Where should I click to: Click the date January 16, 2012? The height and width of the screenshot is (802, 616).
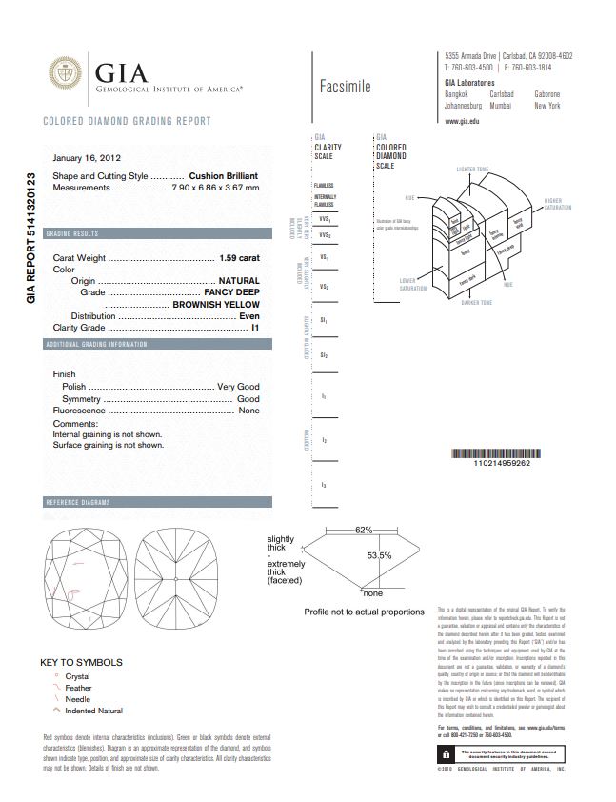87,158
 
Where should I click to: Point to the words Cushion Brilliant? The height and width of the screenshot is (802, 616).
224,176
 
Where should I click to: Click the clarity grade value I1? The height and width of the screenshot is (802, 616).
255,328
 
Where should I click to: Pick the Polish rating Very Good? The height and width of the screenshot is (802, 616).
238,387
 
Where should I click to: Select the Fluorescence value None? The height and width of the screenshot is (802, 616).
248,411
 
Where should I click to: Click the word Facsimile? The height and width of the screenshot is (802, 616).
346,87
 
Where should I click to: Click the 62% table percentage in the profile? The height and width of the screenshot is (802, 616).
364,529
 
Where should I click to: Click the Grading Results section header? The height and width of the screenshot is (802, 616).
72,233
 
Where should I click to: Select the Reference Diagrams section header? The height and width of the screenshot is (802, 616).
78,502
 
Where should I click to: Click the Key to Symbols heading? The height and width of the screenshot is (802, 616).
81,662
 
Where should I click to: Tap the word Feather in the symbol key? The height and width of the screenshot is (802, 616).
78,688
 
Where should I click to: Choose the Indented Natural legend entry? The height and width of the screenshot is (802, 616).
93,711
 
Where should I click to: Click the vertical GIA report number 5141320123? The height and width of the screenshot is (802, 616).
30,238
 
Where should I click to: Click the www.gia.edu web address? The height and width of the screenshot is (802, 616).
462,122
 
